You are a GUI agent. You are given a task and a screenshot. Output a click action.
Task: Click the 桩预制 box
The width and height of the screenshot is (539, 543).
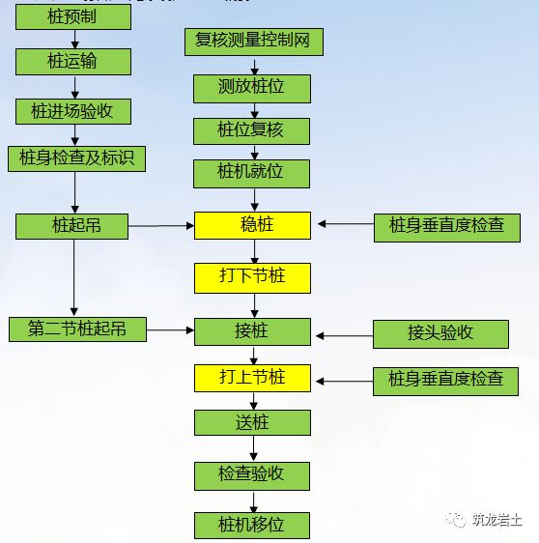click(72, 16)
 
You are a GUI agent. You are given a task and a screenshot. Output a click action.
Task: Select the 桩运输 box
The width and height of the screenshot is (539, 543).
click(72, 62)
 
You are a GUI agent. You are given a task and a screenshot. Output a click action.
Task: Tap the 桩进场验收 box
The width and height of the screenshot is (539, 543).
click(72, 111)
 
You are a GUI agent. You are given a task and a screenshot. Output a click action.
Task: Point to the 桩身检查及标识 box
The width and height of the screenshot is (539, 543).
click(76, 158)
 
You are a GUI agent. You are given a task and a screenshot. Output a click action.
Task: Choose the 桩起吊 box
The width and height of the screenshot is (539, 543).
click(72, 226)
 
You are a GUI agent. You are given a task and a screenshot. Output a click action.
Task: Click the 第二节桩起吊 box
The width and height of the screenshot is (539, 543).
click(77, 329)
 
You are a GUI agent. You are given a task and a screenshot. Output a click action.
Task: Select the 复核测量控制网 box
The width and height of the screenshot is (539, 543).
click(253, 42)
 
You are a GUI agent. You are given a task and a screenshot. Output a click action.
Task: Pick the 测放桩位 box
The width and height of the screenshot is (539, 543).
click(252, 88)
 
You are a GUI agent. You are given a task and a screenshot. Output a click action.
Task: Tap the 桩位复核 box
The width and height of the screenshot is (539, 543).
click(252, 130)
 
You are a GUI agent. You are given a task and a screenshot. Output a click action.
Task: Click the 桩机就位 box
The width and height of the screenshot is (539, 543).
click(252, 174)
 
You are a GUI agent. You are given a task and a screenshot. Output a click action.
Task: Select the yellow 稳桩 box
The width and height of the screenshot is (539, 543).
click(253, 225)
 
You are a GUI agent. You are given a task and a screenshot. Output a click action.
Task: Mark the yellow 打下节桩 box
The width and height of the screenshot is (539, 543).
click(253, 278)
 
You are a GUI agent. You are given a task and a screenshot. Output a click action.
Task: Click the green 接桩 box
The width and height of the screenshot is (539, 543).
click(253, 331)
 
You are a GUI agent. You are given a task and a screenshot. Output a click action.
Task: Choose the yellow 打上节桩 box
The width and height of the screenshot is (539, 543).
click(253, 377)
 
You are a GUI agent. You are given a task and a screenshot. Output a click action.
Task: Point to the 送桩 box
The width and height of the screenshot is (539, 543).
click(253, 422)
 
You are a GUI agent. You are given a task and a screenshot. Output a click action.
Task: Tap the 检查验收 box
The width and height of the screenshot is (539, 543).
click(253, 474)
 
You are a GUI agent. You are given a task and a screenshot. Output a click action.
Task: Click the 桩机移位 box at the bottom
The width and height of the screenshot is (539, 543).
click(253, 525)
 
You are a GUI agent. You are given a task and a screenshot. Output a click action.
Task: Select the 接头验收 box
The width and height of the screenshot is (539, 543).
click(440, 333)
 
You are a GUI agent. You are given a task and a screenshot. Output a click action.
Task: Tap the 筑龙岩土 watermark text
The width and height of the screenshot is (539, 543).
click(496, 520)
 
